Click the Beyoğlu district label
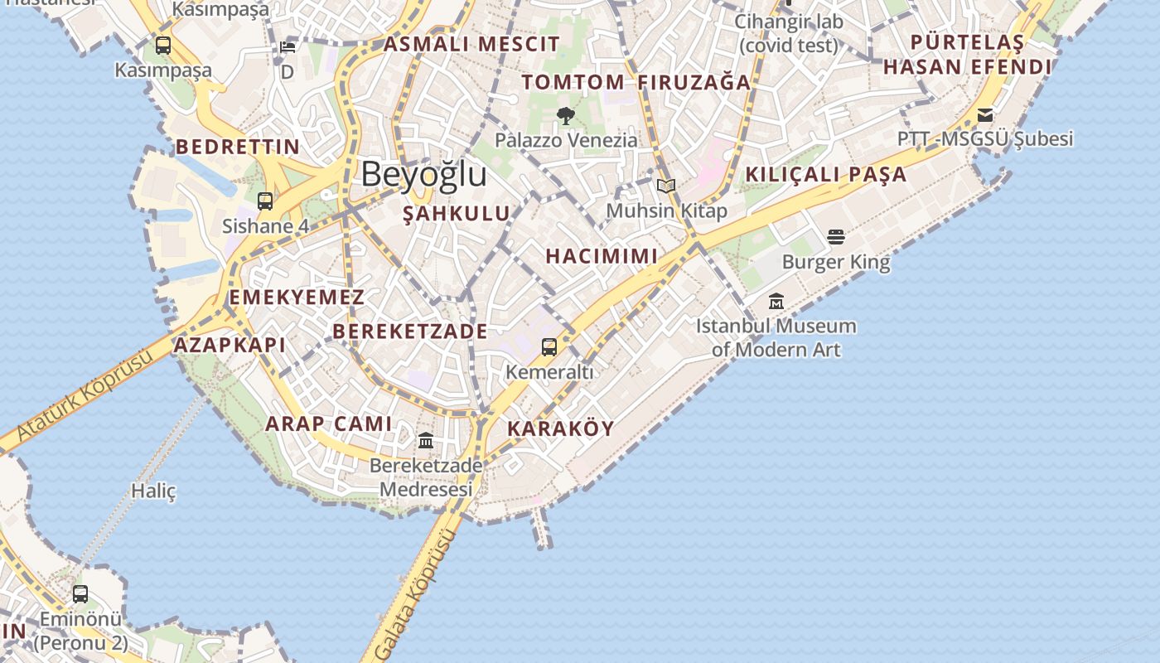[423, 175]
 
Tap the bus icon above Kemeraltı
[549, 347]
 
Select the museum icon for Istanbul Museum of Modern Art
[776, 301]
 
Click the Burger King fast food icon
[835, 238]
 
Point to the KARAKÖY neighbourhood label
[560, 428]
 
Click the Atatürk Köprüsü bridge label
[85, 396]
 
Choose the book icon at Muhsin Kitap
[666, 186]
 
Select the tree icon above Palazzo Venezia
[566, 116]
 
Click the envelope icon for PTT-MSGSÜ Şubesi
[985, 114]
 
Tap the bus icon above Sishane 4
[265, 201]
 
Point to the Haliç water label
[154, 491]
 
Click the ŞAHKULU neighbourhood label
[457, 214]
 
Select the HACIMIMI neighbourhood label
[602, 256]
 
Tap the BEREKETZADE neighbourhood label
[410, 331]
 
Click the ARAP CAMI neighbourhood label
[328, 424]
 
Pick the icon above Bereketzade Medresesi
[426, 440]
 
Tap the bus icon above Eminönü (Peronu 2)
[80, 594]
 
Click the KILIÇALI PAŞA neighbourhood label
[826, 175]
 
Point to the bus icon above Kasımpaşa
[163, 46]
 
